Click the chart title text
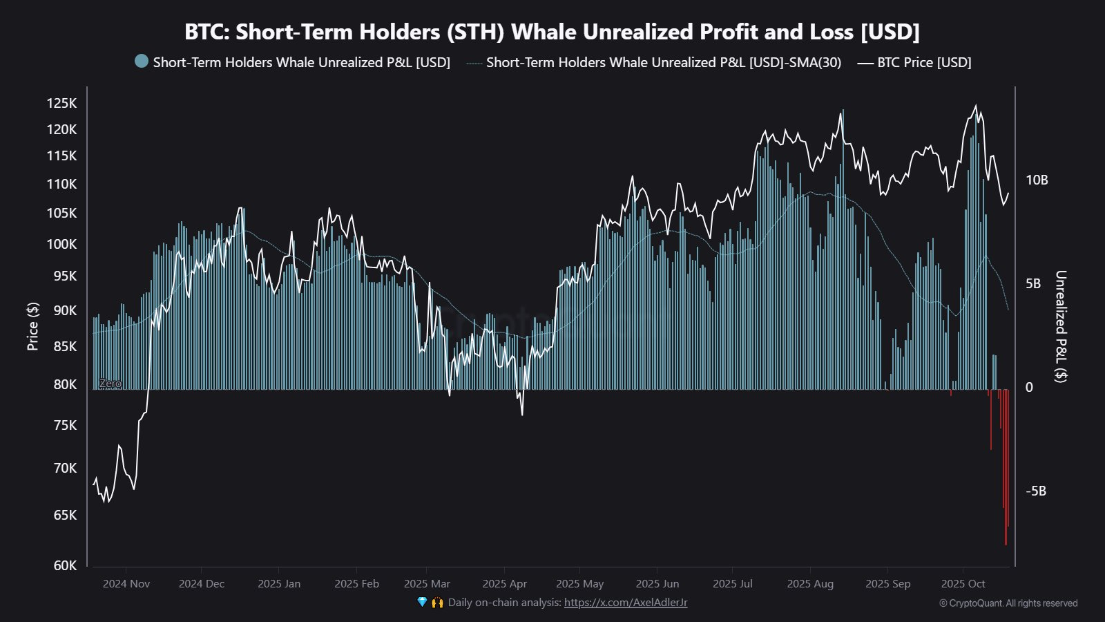(552, 32)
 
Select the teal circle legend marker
(142, 61)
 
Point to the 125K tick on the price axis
(61, 103)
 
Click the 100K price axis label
(61, 244)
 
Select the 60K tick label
(65, 565)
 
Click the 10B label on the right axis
(1037, 180)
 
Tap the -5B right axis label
(1036, 491)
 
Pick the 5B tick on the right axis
(1033, 283)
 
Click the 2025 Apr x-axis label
(504, 584)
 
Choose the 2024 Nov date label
(126, 584)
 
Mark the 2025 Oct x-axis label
(963, 584)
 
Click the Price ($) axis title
(32, 326)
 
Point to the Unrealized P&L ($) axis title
(1061, 326)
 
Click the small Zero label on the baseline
(110, 384)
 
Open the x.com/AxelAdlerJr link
(626, 603)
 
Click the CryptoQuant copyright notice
(1008, 603)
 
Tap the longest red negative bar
(1006, 484)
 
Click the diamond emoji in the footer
(422, 603)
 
